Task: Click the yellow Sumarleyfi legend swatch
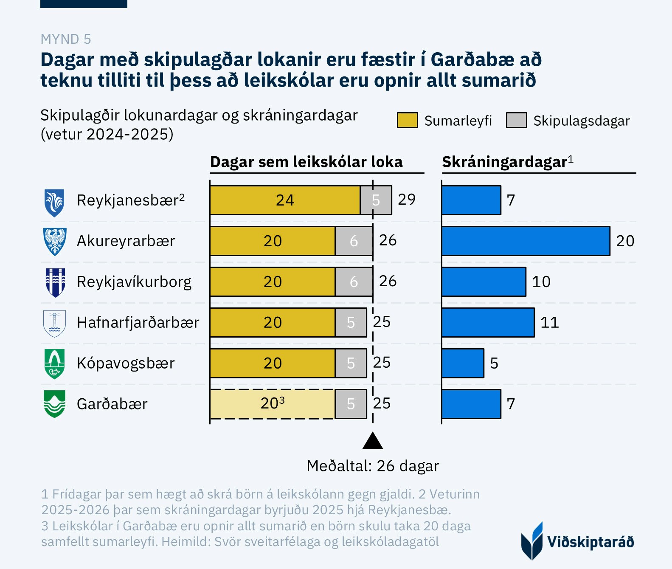(407, 120)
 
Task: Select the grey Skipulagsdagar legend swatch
(516, 120)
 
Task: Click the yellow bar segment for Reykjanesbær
(285, 200)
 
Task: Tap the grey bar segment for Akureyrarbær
(354, 241)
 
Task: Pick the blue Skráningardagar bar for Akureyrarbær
(526, 241)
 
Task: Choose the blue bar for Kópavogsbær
(463, 363)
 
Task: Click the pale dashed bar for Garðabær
(272, 404)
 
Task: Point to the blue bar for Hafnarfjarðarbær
(488, 322)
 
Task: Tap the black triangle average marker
(373, 442)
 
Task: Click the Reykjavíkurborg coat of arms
(55, 282)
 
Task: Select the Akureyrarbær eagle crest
(55, 241)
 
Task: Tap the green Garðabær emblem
(55, 404)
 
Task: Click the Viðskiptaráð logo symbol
(532, 541)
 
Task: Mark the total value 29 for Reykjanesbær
(406, 200)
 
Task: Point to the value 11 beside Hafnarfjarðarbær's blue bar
(549, 322)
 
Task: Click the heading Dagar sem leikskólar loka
(306, 162)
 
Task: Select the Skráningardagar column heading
(507, 162)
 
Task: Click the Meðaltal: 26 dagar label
(372, 466)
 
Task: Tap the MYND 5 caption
(66, 39)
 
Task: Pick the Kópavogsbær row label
(126, 363)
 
